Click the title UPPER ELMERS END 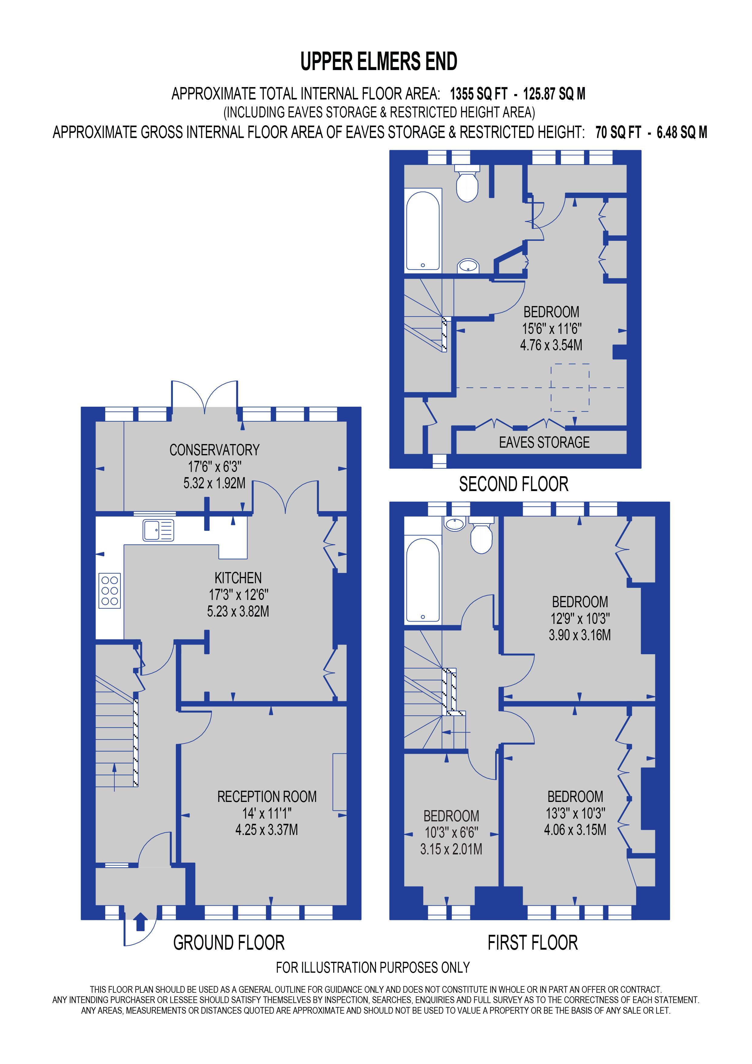coord(378,62)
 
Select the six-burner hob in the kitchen coord(110,591)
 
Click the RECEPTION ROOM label coord(267,796)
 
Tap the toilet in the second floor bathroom coord(467,184)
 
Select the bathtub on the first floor coord(423,580)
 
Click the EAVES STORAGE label coord(544,443)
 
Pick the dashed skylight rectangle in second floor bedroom coord(569,387)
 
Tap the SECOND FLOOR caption coord(513,484)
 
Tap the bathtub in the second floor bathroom coord(423,230)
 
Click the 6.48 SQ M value coord(682,133)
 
